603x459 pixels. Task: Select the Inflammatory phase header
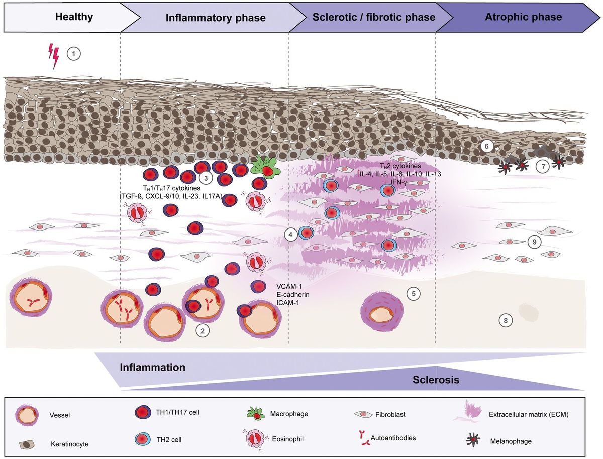[x=216, y=18]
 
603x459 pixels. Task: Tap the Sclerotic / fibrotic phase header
[x=374, y=18]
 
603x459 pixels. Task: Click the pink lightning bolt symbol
[x=53, y=55]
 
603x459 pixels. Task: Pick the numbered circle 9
[x=535, y=242]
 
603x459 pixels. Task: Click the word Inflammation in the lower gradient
[x=153, y=367]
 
